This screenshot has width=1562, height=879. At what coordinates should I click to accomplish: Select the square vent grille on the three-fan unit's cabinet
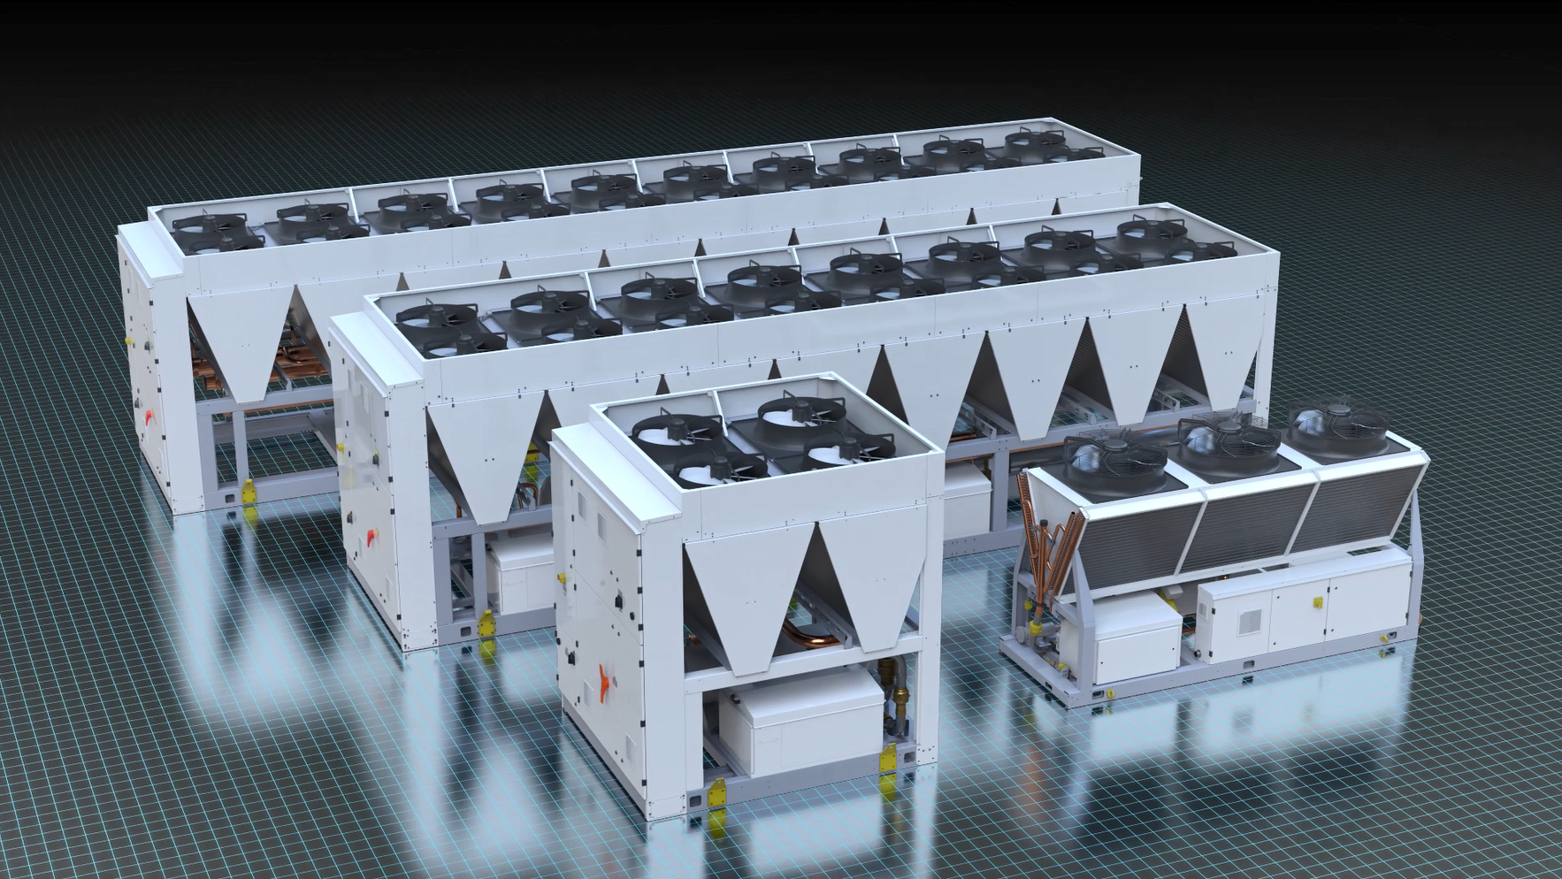(x=1247, y=622)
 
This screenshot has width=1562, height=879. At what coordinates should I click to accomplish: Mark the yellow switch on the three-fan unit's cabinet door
(x=1317, y=603)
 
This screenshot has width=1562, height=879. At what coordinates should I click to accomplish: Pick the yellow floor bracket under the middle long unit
(x=486, y=624)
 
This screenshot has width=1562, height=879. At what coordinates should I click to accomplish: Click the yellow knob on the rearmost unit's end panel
(x=129, y=340)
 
